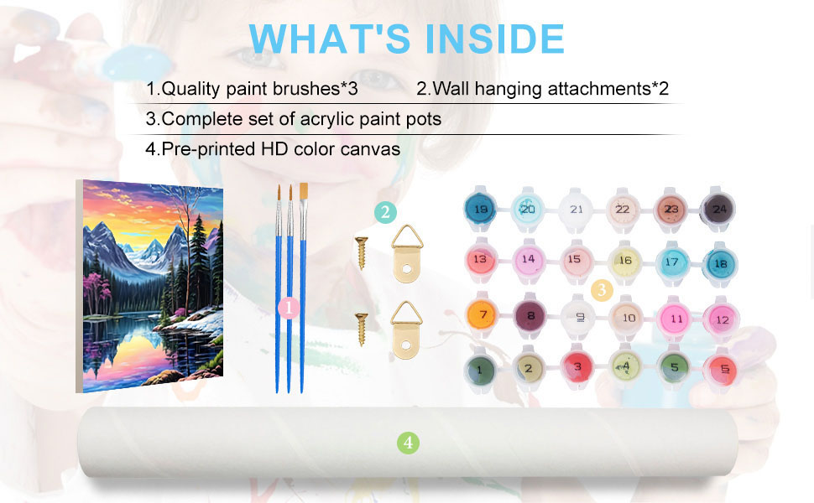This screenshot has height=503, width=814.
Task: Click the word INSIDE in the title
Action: pos(495,39)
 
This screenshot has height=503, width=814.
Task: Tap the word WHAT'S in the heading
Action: pos(330,39)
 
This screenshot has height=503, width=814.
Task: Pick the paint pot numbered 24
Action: pos(718,209)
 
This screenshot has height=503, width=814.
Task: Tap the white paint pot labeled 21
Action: pos(576,210)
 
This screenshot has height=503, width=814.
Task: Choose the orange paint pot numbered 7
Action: pos(483,314)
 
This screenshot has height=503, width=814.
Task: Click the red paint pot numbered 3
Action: pos(577,367)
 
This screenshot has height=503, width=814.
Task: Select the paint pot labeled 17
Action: pos(671,262)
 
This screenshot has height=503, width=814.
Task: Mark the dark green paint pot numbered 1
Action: pos(480,370)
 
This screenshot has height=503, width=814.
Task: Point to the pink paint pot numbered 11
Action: pos(676,318)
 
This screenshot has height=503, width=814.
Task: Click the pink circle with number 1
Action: pos(289,308)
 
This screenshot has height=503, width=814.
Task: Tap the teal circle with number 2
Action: pos(385,212)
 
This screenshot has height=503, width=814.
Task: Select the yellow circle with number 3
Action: pos(603,290)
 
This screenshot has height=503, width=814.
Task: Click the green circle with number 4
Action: pos(408,443)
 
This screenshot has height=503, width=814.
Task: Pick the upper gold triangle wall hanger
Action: pos(407,253)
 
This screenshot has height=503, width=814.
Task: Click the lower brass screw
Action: pos(362,329)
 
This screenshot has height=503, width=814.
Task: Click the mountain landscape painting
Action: pos(150,286)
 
